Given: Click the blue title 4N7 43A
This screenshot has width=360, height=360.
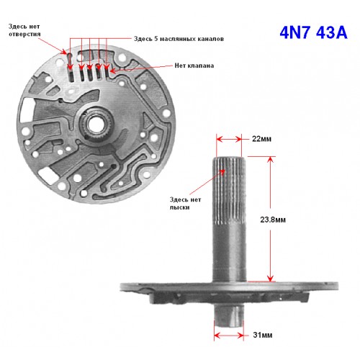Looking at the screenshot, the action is coord(313,32).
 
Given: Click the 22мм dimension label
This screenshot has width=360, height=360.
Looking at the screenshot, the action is coord(261,139).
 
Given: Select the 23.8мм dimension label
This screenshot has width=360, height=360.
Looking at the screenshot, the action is coord(273,220).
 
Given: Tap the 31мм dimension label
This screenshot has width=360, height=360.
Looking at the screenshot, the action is coord(263,335).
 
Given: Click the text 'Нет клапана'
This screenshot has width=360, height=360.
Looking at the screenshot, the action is coord(194,66).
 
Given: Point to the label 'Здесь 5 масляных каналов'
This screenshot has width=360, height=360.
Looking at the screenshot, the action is coord(179,39).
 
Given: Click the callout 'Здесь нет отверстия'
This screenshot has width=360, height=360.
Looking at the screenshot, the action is coord(24,30).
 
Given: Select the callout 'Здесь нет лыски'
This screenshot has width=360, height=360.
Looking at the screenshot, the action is coord(185,203).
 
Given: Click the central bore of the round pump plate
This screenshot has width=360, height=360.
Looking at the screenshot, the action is coord(96,124).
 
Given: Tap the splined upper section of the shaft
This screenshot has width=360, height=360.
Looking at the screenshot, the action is coord(229,189).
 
